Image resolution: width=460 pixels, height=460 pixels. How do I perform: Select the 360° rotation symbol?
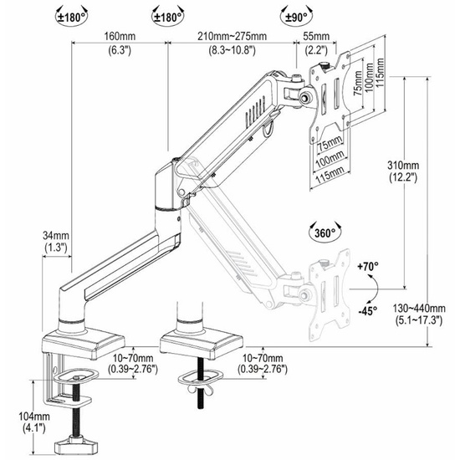click(323, 233)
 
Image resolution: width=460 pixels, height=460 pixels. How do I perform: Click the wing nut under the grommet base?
click(201, 386)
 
